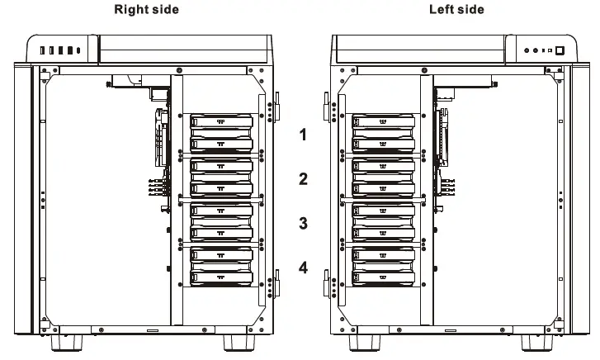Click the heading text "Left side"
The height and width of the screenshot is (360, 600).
[456, 9]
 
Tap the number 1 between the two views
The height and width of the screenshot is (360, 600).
[303, 135]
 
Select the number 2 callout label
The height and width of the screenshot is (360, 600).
[303, 178]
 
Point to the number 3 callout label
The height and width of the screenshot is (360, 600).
[303, 223]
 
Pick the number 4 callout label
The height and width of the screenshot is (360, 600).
[303, 268]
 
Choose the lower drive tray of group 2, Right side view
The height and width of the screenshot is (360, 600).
[221, 189]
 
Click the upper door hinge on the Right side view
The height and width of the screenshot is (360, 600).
[276, 106]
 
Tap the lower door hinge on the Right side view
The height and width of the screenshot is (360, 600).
[276, 286]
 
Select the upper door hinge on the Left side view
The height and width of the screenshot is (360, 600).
[328, 106]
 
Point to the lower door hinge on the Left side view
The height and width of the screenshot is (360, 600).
[328, 286]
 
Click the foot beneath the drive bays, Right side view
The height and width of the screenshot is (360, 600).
[239, 341]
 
